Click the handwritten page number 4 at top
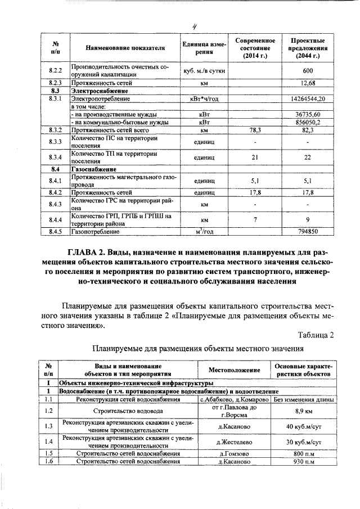coord(193,24)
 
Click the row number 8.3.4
coord(55,157)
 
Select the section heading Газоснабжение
coord(93,169)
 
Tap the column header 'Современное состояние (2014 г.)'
coord(255,48)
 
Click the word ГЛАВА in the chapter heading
coord(84,253)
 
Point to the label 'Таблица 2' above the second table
coord(316,335)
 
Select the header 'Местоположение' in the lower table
coord(234,371)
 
